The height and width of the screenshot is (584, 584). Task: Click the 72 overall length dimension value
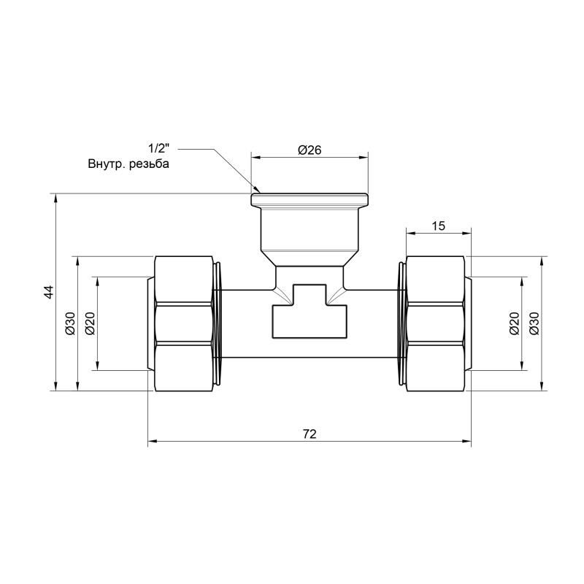309,434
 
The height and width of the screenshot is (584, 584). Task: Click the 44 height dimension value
48,292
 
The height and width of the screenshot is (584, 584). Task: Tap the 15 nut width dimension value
438,226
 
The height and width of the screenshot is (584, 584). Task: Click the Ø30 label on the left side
70,323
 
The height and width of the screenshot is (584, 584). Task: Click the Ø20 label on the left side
90,323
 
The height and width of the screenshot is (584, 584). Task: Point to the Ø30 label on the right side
534,323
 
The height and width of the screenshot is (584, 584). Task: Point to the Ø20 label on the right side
513,323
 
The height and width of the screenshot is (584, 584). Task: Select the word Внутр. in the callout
104,164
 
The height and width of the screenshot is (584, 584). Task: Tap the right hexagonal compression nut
435,323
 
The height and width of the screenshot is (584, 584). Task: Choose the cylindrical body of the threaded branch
310,230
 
